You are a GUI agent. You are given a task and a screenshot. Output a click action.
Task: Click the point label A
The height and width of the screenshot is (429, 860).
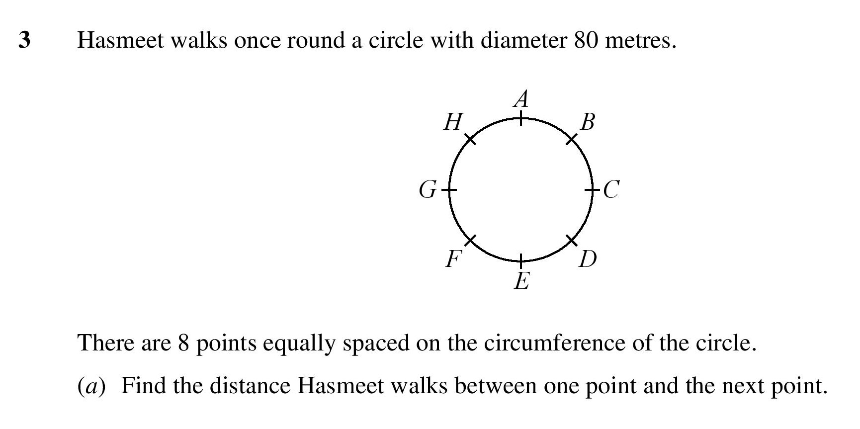[x=521, y=99]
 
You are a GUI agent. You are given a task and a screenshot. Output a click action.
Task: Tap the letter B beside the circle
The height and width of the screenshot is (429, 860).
[x=587, y=122]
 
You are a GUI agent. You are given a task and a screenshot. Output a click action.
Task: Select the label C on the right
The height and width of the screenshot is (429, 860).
[x=611, y=189]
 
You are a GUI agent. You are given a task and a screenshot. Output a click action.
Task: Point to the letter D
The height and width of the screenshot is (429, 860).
[x=588, y=259]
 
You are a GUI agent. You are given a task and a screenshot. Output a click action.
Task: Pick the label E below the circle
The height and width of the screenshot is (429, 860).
[x=521, y=281]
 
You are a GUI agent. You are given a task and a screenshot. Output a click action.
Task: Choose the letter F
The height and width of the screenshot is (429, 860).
[x=453, y=259]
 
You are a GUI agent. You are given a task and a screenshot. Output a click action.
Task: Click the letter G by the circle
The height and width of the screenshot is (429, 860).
[x=428, y=189]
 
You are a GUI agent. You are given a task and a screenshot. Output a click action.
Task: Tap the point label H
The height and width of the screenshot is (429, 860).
[x=453, y=122]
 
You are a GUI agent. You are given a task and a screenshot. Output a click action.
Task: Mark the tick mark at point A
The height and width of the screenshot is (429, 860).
[x=521, y=119]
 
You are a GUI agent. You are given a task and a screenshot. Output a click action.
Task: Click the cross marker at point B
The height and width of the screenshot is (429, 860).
[x=572, y=139]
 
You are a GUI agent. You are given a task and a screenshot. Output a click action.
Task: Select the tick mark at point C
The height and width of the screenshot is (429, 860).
[x=592, y=189]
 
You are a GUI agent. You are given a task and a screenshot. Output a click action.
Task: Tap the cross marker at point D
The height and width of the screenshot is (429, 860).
[x=572, y=240]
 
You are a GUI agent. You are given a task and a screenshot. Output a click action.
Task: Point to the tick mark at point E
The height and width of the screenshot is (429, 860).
[x=521, y=260]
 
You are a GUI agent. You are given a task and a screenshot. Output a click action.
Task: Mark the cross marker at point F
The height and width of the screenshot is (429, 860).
[x=470, y=240]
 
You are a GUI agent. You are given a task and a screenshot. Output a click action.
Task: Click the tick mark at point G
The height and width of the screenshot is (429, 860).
[x=450, y=189]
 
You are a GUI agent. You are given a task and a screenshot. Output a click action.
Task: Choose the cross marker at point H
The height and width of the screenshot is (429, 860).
[x=470, y=139]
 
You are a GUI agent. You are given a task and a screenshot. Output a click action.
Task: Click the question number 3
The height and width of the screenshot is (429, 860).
[x=24, y=40]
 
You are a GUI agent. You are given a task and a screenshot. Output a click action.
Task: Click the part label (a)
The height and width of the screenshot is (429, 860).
[x=91, y=386]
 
